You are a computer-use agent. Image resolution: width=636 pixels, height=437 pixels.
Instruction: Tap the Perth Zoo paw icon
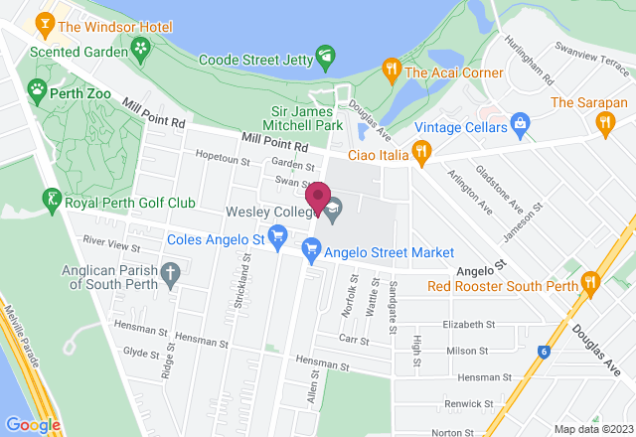(37, 89)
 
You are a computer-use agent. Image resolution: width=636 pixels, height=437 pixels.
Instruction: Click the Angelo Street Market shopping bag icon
(311, 253)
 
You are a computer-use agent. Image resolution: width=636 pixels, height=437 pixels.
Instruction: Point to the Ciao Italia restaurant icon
(422, 152)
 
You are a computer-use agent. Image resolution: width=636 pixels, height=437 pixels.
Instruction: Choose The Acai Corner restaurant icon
(392, 71)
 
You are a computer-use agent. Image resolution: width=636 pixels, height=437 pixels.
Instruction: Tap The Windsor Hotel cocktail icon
(45, 22)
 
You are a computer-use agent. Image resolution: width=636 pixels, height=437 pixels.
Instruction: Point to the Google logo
(33, 424)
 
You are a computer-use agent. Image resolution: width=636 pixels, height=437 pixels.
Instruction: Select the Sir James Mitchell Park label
(307, 117)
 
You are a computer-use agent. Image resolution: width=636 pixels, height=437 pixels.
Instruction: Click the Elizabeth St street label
(469, 324)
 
